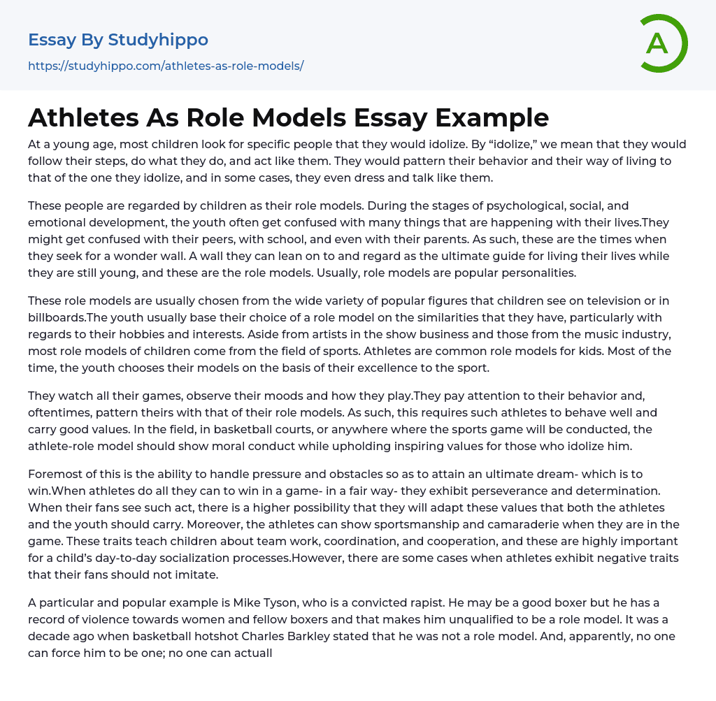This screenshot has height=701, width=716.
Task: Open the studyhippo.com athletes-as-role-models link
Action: tap(166, 66)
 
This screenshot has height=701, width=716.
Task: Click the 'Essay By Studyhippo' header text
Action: tap(118, 40)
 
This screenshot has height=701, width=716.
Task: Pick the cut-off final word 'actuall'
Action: tap(251, 653)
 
